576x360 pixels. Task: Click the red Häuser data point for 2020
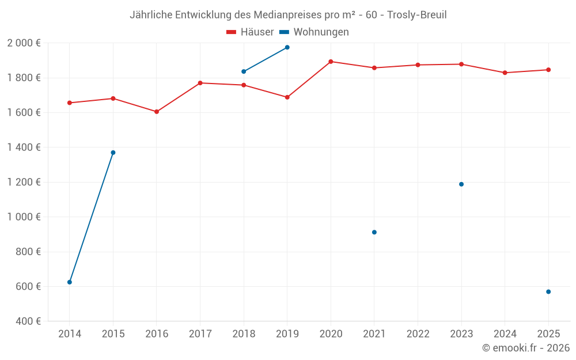coord(331,62)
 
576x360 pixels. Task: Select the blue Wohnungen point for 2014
coord(70,282)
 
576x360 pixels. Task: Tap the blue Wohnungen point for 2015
coord(113,153)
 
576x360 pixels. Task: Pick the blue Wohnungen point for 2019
coord(287,47)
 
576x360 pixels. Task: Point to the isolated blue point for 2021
coord(374,232)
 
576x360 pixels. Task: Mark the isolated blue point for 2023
coord(461,184)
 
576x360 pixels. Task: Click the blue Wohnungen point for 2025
coord(548,292)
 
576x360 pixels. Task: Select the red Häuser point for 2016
coord(157,112)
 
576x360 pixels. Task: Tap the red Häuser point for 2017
coord(200,83)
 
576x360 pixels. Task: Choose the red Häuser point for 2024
coord(505,73)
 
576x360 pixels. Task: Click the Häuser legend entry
coord(250,32)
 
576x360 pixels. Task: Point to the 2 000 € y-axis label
coord(24,43)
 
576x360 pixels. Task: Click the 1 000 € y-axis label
coord(24,217)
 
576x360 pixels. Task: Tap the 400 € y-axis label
coord(27,321)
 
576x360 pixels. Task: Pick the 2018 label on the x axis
coord(244,334)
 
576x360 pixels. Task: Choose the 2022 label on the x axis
coord(418,334)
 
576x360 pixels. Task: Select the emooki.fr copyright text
coord(526,348)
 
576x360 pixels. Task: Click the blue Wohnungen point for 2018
coord(244,71)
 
